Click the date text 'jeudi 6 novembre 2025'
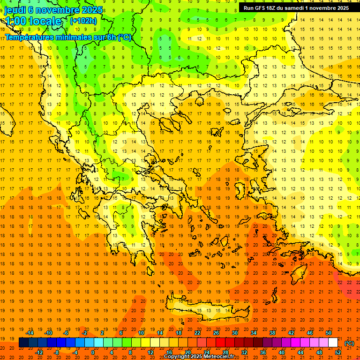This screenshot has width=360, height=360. [x=53, y=10]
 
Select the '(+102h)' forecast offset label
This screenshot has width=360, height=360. [x=83, y=21]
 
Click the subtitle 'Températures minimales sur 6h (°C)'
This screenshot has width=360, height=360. [x=68, y=37]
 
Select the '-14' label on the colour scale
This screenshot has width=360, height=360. [x=30, y=333]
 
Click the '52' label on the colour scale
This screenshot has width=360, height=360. [x=338, y=352]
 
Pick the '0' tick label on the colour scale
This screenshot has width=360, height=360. [x=92, y=352]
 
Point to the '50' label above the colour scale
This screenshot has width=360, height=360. [x=329, y=333]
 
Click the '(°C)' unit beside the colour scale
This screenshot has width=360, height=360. [x=349, y=343]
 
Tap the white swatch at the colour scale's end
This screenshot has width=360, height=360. [x=333, y=343]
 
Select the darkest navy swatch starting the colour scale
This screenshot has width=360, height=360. [x=23, y=343]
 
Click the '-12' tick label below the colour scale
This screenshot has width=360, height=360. [x=39, y=352]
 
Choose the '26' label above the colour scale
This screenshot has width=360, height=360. [x=216, y=333]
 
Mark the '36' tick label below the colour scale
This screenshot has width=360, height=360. [x=263, y=352]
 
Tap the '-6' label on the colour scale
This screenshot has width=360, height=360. [x=67, y=333]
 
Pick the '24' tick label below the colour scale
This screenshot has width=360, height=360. [x=207, y=352]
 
